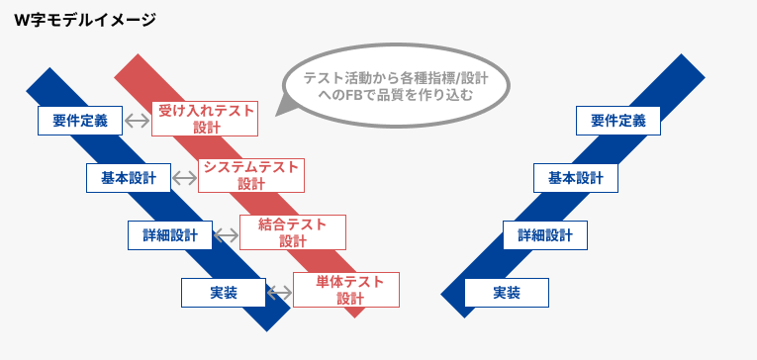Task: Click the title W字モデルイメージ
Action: [85, 20]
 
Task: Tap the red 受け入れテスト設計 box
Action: [204, 119]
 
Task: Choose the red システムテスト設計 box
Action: [250, 175]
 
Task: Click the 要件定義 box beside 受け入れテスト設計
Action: [79, 121]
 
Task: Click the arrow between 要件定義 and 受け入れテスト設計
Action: [137, 121]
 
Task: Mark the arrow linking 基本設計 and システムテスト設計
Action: [184, 178]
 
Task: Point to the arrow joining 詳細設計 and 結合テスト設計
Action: [227, 235]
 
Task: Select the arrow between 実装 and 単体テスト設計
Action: [279, 293]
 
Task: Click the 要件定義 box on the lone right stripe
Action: [617, 121]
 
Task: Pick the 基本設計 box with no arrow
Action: [576, 178]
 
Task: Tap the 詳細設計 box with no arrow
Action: [545, 235]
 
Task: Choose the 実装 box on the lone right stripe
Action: [506, 293]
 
